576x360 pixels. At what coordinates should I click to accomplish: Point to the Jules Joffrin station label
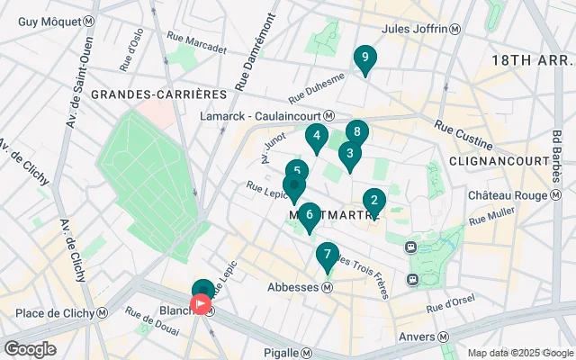(x=421, y=29)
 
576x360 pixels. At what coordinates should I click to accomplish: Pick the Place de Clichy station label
(x=56, y=312)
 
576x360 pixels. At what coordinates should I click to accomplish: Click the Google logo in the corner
(x=29, y=349)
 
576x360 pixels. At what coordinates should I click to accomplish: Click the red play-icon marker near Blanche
(x=202, y=305)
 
